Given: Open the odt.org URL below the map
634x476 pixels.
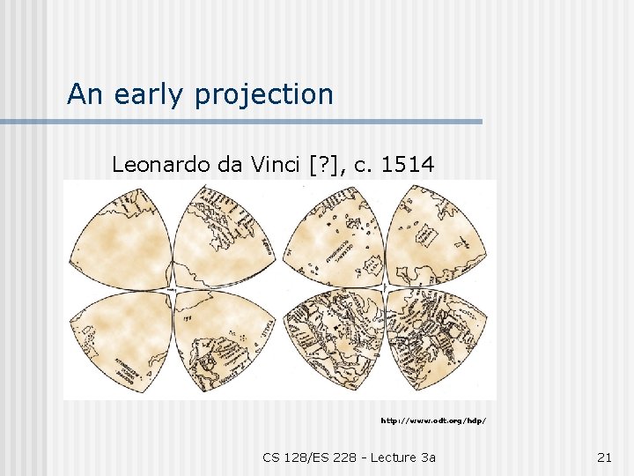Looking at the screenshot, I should click(x=432, y=420).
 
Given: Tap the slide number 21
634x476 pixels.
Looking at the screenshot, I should click(x=604, y=457).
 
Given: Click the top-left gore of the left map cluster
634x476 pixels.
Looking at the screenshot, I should click(x=123, y=234).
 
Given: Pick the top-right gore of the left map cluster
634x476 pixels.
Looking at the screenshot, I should click(x=220, y=234).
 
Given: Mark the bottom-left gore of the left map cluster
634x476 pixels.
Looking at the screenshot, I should click(x=123, y=339).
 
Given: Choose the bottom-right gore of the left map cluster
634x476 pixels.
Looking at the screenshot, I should click(x=220, y=339).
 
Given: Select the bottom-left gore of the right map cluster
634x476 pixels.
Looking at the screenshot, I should click(x=335, y=339).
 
